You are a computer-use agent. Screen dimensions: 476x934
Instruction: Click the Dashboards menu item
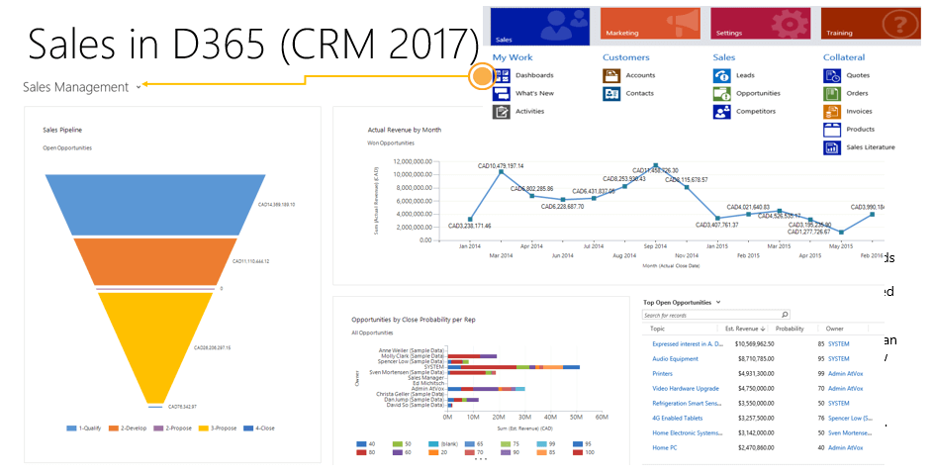[x=534, y=75]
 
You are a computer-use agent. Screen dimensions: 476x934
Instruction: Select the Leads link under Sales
[x=746, y=75]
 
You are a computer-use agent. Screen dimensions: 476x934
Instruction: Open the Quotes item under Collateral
[x=858, y=75]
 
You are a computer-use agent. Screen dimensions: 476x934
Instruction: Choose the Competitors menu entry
[x=757, y=111]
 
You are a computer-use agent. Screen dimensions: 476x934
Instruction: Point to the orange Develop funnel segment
[x=154, y=261]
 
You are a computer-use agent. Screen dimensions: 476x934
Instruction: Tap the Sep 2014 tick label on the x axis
[x=655, y=245]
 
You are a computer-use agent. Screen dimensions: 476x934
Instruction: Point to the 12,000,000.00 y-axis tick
[x=413, y=161]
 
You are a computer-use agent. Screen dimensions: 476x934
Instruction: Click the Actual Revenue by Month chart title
[x=404, y=130]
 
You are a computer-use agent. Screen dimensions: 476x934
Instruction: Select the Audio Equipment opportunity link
[x=676, y=358]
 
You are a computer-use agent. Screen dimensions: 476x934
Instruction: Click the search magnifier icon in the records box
[x=785, y=314]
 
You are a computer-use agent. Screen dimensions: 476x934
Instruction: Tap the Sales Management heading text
[x=75, y=87]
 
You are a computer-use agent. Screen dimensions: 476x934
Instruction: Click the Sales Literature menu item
[x=871, y=146]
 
